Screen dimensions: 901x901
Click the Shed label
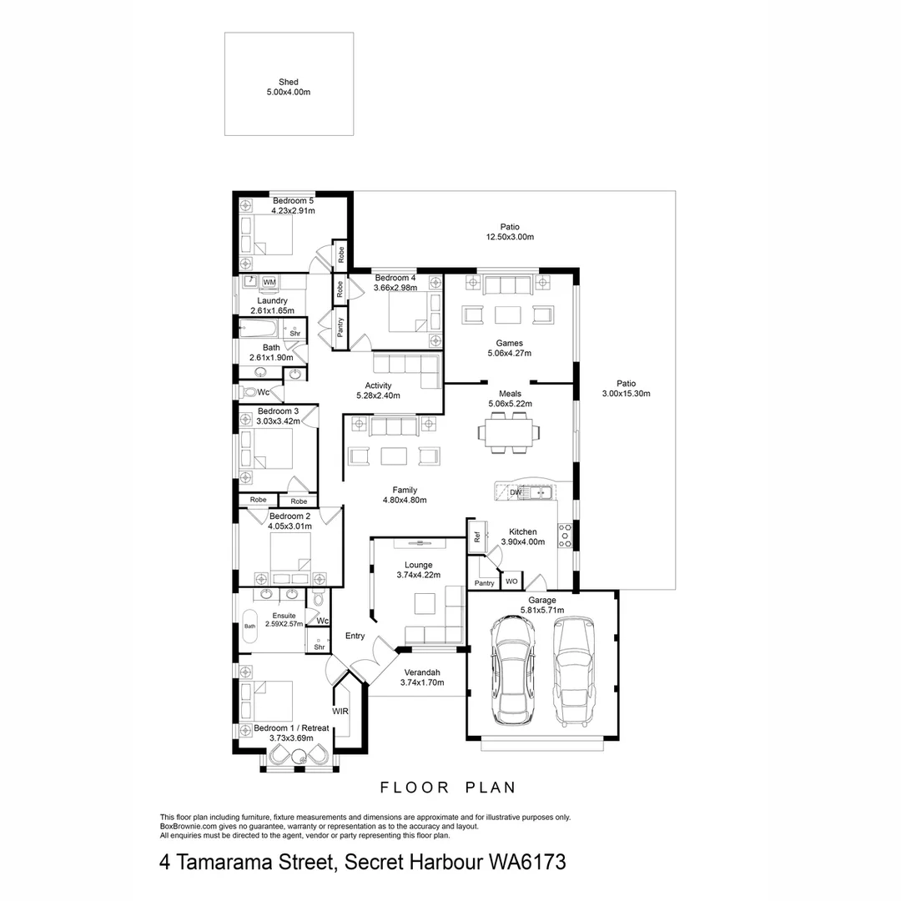288,82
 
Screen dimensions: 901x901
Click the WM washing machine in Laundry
269,283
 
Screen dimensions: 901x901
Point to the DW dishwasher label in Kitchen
515,493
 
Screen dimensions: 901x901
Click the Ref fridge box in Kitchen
477,538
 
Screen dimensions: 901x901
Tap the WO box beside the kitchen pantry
511,581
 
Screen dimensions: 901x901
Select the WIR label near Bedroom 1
340,712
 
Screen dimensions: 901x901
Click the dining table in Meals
508,432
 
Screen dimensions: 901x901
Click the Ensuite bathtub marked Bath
249,625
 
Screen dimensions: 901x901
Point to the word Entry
355,636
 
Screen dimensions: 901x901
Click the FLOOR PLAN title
448,787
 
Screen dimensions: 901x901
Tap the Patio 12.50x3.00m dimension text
510,237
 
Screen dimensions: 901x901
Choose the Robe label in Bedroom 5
340,251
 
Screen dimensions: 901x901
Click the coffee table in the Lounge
425,602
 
